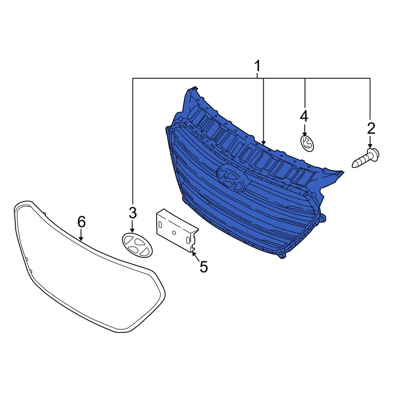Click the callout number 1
[257, 66]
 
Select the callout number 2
[371, 128]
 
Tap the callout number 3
[132, 213]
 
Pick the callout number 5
[204, 266]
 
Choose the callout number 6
[81, 222]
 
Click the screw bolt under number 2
[365, 158]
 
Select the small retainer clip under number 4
[307, 143]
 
